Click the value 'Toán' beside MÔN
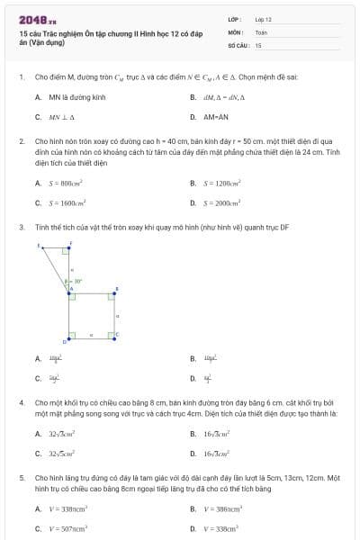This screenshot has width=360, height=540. [261, 31]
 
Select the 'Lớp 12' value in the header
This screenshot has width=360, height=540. [263, 19]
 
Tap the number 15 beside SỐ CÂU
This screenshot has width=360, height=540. [258, 44]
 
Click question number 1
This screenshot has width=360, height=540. [21, 77]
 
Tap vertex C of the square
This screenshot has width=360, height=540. [116, 335]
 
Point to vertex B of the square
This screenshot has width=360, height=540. [115, 292]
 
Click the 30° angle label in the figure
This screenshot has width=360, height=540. [77, 281]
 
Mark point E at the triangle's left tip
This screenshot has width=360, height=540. [39, 245]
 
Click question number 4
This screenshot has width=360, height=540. [21, 402]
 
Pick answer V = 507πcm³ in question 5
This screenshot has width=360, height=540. [67, 529]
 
